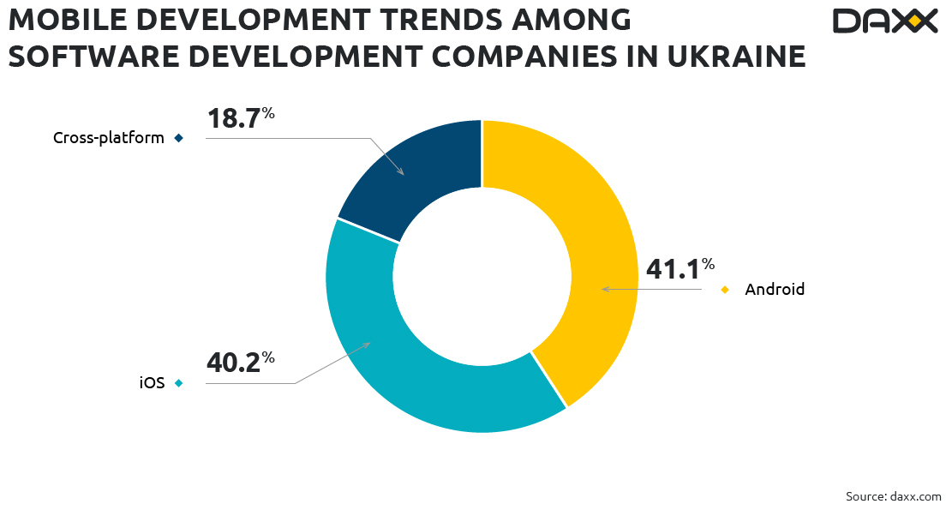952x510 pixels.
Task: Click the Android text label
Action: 775,290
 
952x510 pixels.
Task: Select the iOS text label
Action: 152,383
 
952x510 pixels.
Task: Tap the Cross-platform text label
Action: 109,138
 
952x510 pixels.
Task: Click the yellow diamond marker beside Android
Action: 725,290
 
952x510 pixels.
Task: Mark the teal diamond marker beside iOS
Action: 178,383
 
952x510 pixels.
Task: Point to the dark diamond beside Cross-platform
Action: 178,138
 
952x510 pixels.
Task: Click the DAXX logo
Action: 885,21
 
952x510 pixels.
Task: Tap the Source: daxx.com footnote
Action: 893,496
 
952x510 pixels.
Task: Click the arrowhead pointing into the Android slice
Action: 604,290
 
